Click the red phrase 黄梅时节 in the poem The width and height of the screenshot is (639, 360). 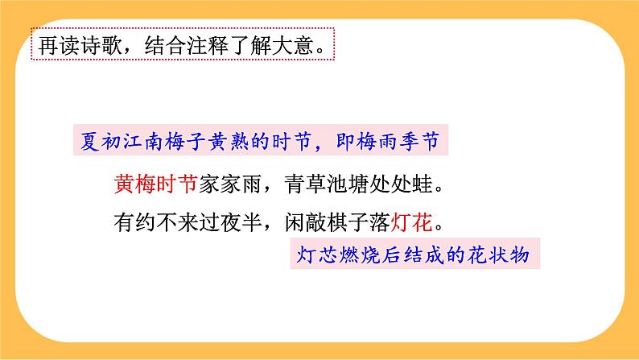coord(156,185)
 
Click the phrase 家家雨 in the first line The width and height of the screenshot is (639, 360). coord(229,185)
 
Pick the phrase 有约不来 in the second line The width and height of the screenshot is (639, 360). coord(156,220)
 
